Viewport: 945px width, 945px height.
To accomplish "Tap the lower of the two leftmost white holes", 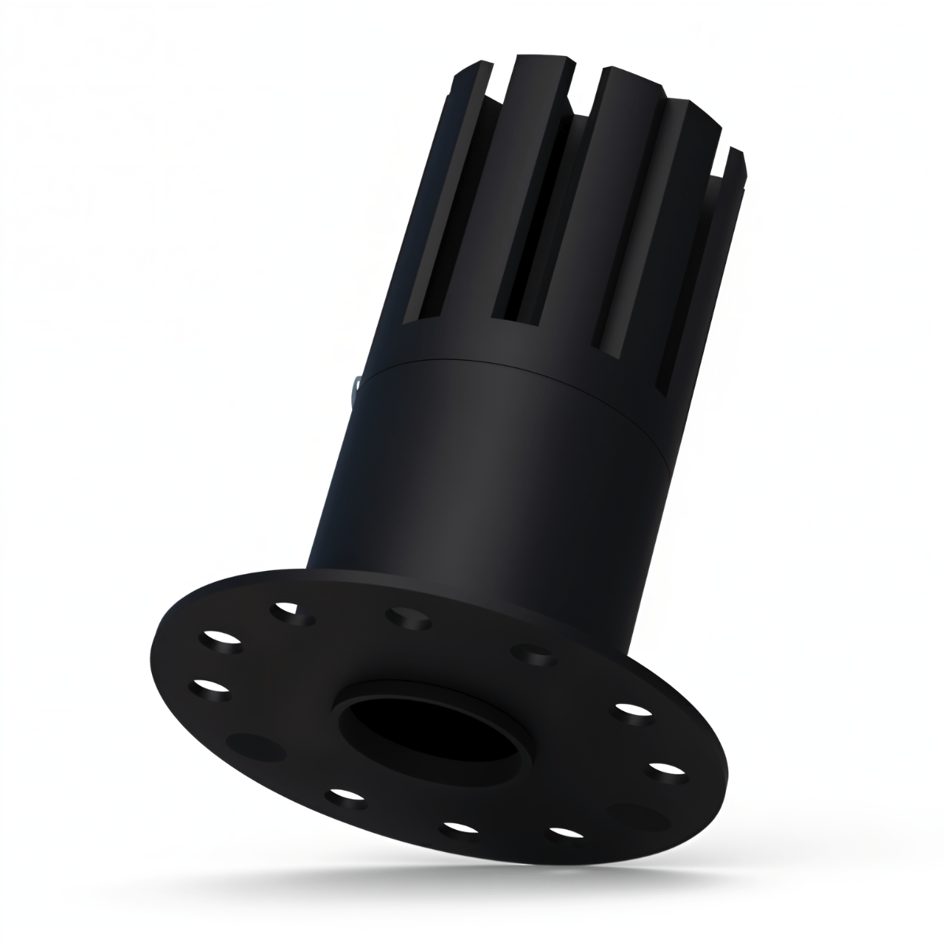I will (x=209, y=687).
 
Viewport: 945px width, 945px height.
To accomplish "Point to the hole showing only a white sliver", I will (x=287, y=610).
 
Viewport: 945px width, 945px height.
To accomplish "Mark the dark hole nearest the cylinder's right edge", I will (x=532, y=654).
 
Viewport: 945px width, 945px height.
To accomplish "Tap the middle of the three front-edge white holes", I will (x=461, y=828).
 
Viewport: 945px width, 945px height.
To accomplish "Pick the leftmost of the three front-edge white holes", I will (x=347, y=797).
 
